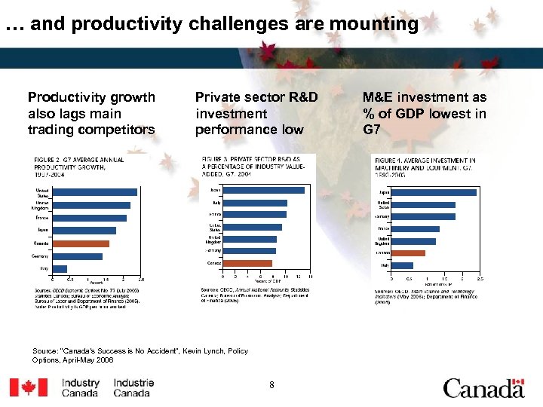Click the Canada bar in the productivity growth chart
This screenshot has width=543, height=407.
tap(81, 243)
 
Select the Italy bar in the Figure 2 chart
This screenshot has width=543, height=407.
tap(60, 268)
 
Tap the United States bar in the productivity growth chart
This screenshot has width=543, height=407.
tap(94, 192)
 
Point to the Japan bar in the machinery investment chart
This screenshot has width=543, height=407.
tap(434, 192)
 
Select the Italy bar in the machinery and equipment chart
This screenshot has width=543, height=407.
tap(403, 265)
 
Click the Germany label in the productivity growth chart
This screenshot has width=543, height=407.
tap(41, 256)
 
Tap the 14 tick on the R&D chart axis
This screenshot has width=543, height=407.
tap(310, 277)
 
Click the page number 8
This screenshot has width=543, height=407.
tap(271, 385)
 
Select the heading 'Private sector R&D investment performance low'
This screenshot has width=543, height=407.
tap(256, 113)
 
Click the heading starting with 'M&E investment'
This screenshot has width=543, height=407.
tap(424, 113)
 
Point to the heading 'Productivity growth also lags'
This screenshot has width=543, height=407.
tap(91, 113)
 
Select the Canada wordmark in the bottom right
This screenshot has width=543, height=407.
tap(483, 388)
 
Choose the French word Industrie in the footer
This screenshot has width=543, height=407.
tap(133, 383)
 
